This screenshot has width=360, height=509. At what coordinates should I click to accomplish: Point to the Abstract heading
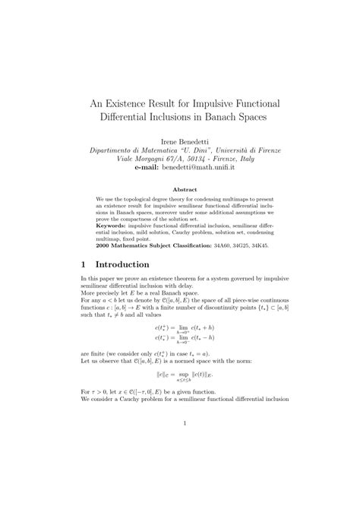coord(180,189)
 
